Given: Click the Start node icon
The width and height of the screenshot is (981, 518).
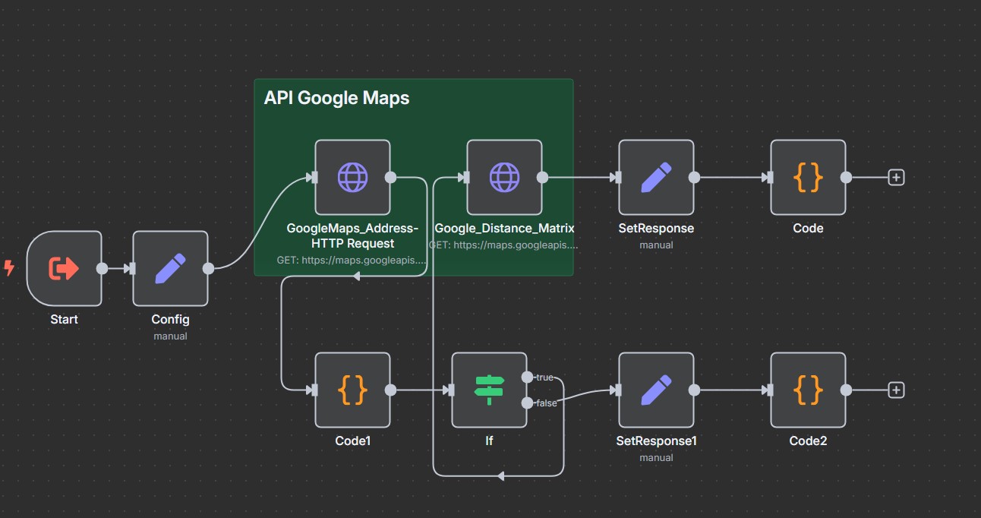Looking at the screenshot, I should click(x=64, y=268).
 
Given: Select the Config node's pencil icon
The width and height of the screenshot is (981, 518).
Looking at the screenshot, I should click(x=170, y=268).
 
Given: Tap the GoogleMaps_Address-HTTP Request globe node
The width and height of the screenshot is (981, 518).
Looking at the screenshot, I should click(x=352, y=177).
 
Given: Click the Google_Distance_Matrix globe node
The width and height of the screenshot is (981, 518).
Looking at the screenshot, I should click(x=504, y=177).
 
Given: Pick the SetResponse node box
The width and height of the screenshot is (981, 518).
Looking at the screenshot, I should click(x=656, y=177).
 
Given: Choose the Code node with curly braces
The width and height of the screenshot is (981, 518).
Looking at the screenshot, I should click(x=808, y=177).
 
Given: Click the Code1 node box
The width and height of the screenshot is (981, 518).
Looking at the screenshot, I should click(x=352, y=390).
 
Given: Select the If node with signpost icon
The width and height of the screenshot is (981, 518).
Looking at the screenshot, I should click(x=489, y=390).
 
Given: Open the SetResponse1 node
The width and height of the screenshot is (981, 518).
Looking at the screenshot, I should click(x=656, y=390).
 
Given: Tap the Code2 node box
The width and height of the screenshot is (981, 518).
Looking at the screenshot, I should click(x=808, y=390).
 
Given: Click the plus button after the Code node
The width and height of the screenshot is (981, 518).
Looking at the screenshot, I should click(x=896, y=177).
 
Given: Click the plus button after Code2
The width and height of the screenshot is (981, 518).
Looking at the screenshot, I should click(x=896, y=390).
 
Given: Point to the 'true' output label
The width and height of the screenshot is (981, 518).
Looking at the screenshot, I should click(x=544, y=377).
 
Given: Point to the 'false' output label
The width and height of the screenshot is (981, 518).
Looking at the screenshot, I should click(x=547, y=403).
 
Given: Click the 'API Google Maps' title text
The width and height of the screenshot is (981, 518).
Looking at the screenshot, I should click(x=336, y=98).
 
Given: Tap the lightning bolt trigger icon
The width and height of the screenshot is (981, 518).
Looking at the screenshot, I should click(x=9, y=268).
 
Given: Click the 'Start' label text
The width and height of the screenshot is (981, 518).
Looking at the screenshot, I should click(x=64, y=320).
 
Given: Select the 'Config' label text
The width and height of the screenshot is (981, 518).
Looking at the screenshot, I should click(x=170, y=320).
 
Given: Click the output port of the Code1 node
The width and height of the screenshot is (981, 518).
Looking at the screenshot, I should click(x=390, y=390).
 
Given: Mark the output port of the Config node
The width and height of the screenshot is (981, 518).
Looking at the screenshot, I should click(x=208, y=268).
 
